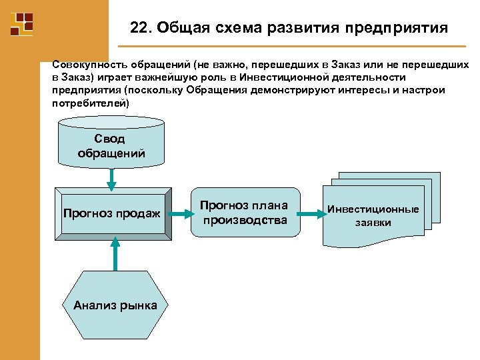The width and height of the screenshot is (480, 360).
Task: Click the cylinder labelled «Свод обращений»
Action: (111, 143)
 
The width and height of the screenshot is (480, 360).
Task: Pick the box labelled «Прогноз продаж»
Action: (112, 214)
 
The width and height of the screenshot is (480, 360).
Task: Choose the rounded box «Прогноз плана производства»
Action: (244, 212)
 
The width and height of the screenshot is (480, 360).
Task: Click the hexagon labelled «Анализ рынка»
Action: (115, 305)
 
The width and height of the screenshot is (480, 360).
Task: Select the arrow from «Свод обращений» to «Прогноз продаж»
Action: (111, 179)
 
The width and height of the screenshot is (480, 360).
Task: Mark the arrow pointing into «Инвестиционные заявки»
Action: (310, 214)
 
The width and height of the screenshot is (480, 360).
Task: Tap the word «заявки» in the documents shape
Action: (373, 223)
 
